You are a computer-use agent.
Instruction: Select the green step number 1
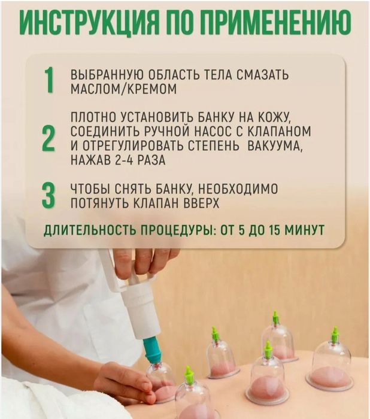pos(49,80)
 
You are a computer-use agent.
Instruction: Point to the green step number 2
pos(48,138)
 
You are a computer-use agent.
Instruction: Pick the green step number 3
pos(48,195)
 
